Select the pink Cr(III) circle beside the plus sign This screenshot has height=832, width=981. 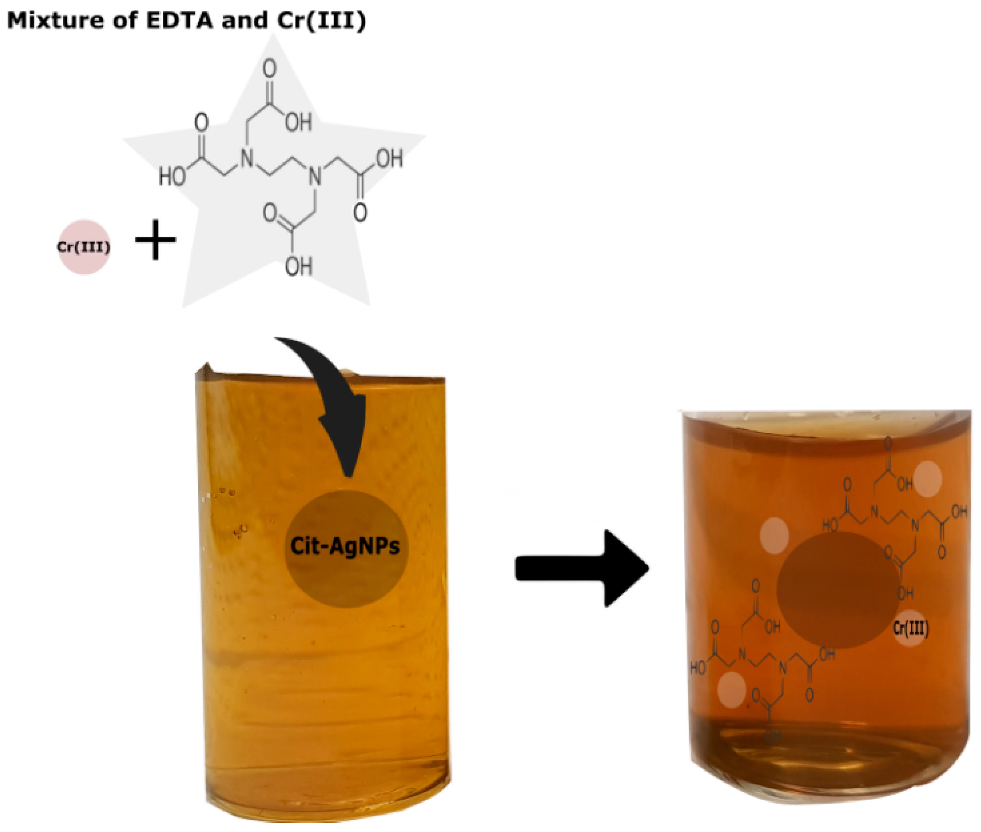tap(84, 247)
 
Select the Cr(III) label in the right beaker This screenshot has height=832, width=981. tap(911, 628)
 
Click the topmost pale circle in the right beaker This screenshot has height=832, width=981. tap(927, 479)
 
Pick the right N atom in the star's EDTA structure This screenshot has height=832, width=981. tap(315, 177)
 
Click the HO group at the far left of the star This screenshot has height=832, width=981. tap(172, 177)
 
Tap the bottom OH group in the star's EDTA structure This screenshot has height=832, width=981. tap(299, 267)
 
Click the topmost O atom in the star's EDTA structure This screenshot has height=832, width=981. tap(269, 68)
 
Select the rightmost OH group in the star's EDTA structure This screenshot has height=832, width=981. tap(389, 158)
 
